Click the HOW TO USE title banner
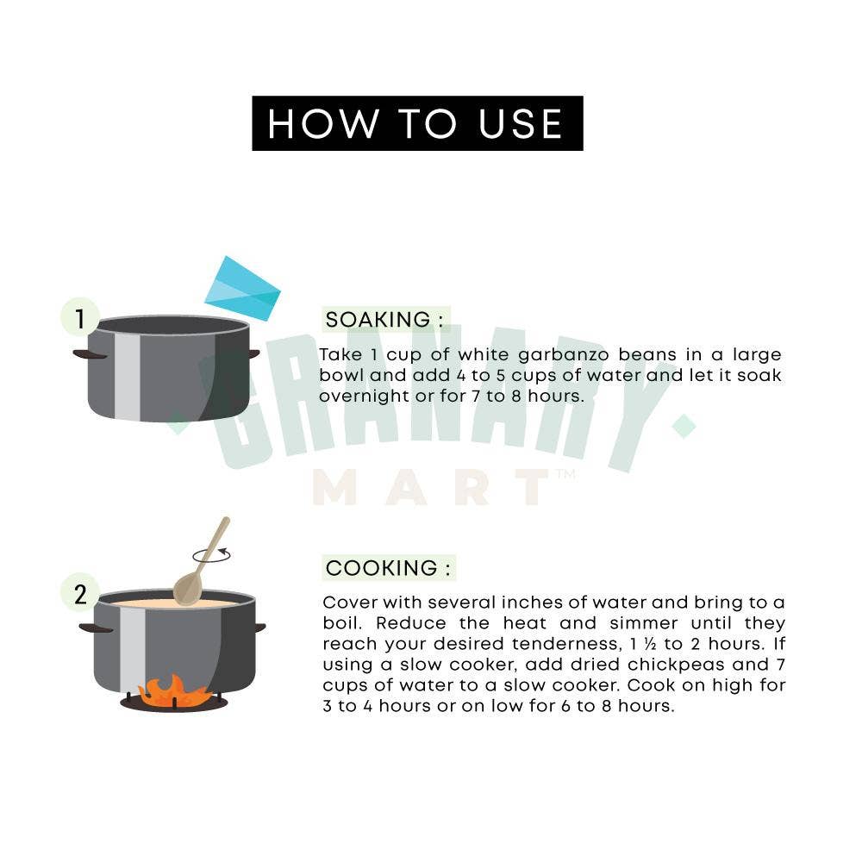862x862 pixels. pos(417,123)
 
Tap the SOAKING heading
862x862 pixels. pos(385,320)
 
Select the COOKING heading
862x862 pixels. pos(389,568)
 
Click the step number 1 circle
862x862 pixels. pos(80,317)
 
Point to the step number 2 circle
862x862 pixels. pos(80,593)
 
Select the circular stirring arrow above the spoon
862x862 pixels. pos(212,554)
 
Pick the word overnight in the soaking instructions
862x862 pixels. pos(364,397)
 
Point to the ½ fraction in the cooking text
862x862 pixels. pos(650,643)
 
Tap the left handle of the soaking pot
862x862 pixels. pos(90,354)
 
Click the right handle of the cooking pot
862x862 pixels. pos(259,628)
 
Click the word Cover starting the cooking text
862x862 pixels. pos(350,603)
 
